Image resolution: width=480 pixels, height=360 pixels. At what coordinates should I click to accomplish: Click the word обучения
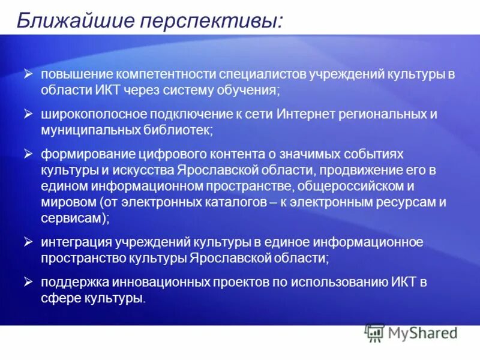(x=247, y=90)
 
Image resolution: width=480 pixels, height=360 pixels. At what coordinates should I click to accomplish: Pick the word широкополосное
(x=88, y=113)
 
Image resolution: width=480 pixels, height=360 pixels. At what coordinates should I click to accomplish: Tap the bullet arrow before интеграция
(x=28, y=242)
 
